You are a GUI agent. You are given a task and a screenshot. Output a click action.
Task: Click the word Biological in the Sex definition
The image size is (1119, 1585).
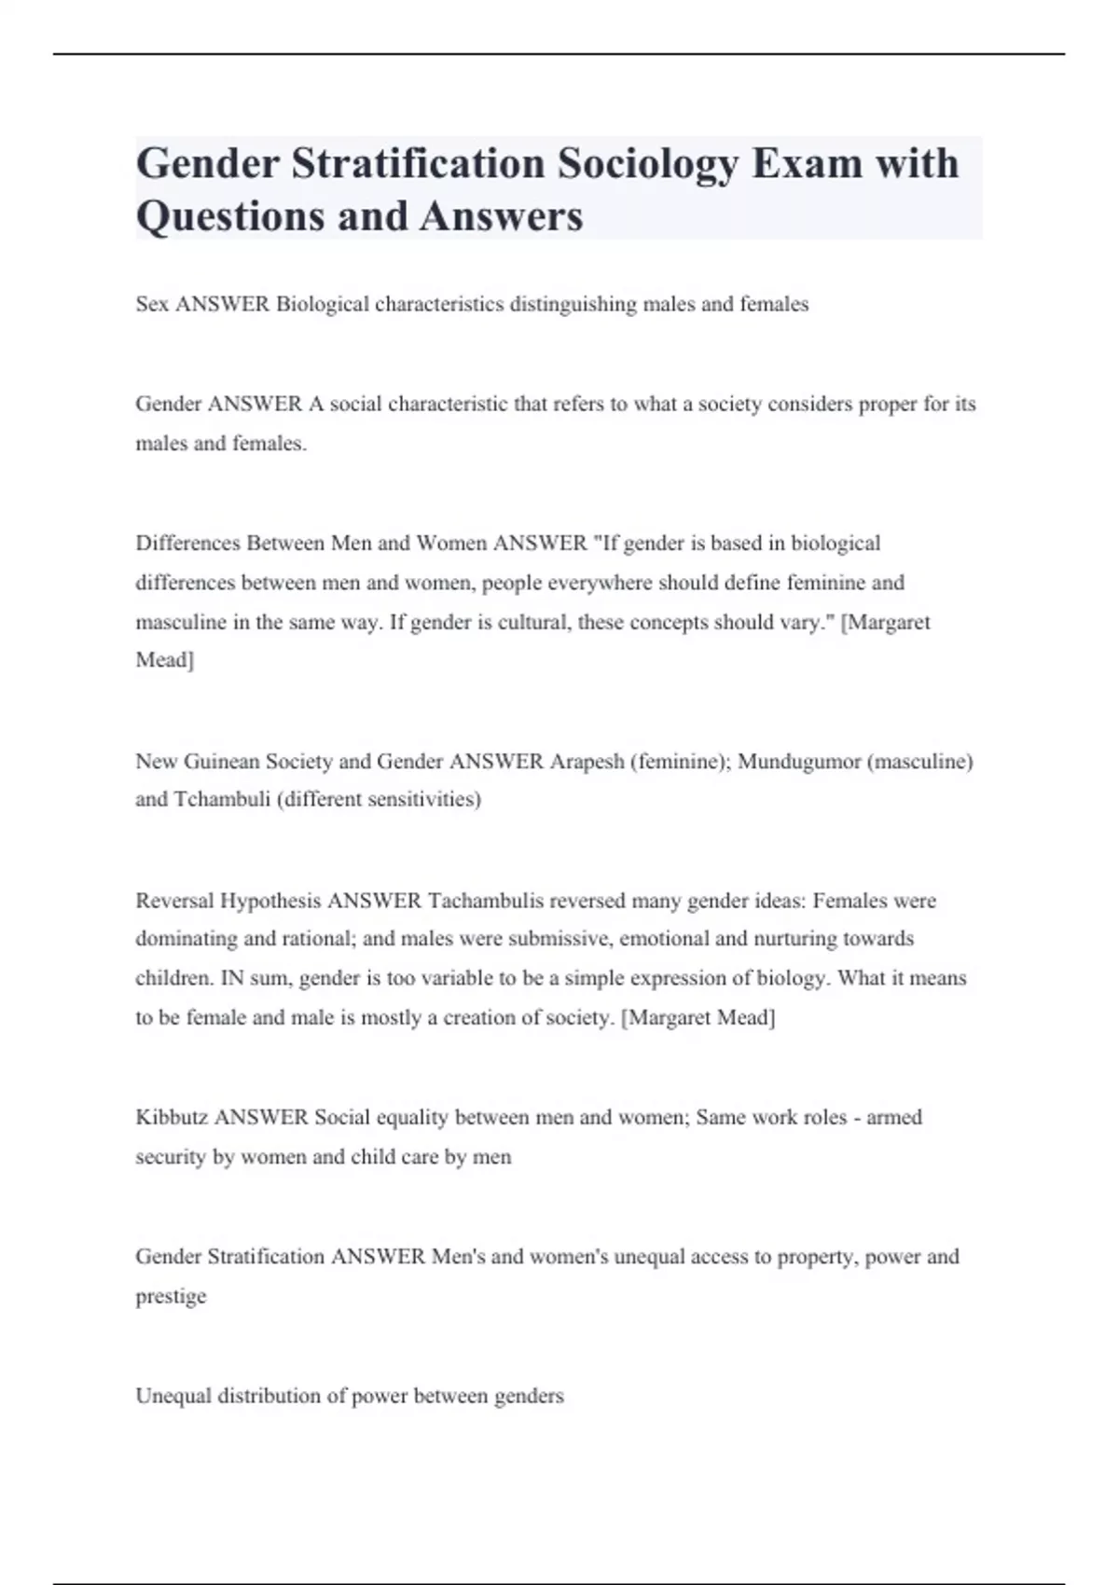pos(323,304)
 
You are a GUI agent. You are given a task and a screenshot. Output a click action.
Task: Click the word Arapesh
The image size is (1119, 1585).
pos(587,761)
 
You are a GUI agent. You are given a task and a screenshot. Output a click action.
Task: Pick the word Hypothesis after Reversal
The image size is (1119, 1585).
pos(271,901)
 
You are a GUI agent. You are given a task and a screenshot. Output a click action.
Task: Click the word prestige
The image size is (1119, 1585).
pos(171,1296)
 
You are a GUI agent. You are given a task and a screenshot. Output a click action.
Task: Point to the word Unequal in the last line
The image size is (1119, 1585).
pos(173,1396)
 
